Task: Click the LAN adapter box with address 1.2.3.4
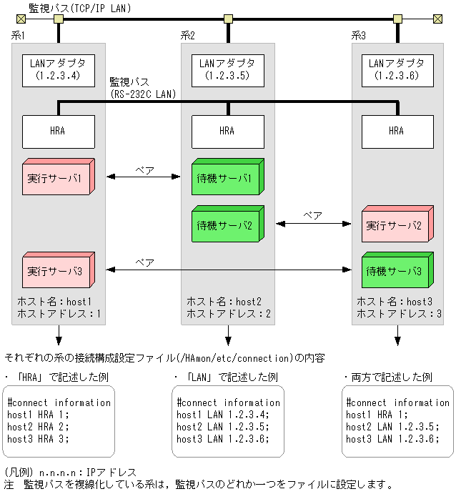(x=59, y=69)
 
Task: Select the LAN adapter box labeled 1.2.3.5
(x=227, y=69)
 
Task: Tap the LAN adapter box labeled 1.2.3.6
(x=397, y=69)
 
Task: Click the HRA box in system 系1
(x=59, y=131)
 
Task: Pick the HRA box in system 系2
(x=227, y=131)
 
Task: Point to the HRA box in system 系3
(x=397, y=131)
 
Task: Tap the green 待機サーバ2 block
(x=225, y=225)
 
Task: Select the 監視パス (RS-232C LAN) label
(x=142, y=88)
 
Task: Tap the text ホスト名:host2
(x=224, y=302)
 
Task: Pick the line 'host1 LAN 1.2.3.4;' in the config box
(x=222, y=415)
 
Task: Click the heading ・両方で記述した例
(x=387, y=376)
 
